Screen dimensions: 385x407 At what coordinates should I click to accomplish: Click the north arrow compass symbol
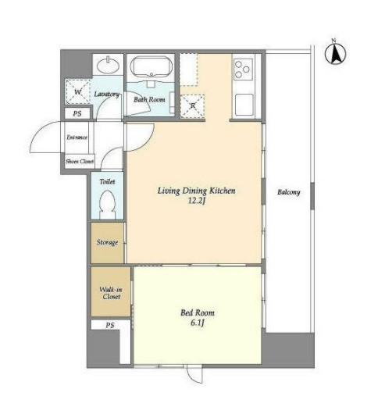click(335, 54)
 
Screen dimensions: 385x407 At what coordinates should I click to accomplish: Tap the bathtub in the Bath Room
click(151, 66)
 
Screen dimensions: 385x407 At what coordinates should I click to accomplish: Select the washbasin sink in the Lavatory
click(108, 66)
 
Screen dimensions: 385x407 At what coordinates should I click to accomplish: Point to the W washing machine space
click(77, 92)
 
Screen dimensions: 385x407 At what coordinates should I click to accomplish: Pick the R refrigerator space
click(193, 105)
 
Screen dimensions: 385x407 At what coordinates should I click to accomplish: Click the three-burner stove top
click(243, 70)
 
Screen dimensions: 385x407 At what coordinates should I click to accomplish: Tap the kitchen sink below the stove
click(244, 105)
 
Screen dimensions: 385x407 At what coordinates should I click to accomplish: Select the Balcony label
click(289, 192)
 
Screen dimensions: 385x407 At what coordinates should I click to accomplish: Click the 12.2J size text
click(197, 201)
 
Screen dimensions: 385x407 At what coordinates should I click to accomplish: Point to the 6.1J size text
click(197, 323)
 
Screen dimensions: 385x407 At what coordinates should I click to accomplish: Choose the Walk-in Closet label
click(111, 293)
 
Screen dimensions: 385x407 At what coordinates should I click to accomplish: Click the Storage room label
click(107, 242)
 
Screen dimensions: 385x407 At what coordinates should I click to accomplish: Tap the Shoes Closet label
click(80, 162)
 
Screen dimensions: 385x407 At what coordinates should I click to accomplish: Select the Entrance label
click(77, 137)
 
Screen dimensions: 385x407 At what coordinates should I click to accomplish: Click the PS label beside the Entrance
click(77, 113)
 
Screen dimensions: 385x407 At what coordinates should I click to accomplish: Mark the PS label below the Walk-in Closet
click(110, 325)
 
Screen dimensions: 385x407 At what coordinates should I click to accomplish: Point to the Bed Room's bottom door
click(194, 374)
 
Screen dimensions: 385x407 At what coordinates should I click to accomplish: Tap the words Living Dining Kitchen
click(196, 191)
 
